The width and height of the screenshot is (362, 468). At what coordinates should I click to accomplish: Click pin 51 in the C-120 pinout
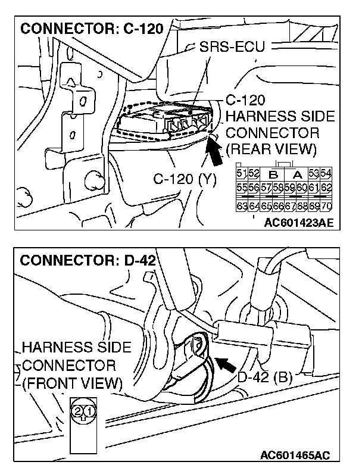[241, 173]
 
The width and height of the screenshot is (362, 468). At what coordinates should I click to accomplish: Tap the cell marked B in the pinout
[274, 174]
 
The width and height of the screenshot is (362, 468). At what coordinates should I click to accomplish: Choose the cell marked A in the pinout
[297, 174]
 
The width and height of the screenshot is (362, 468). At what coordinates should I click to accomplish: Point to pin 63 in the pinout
[241, 207]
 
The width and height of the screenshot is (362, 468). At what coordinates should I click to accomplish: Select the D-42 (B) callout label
[265, 376]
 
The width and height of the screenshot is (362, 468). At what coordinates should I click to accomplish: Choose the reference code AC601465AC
[295, 455]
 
